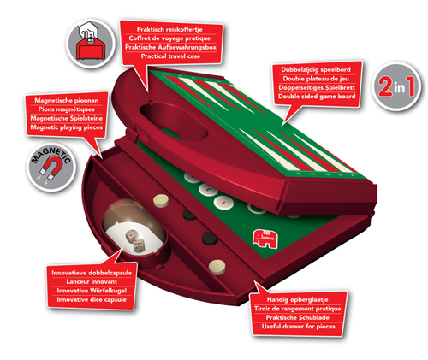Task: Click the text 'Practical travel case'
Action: pos(170,56)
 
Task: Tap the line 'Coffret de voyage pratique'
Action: pos(169,38)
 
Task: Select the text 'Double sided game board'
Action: pos(317,97)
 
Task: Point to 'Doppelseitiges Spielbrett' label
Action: pos(317,87)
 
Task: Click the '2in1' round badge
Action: pos(396,86)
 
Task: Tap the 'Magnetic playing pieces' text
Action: pos(67,127)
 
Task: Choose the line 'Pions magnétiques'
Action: pos(67,109)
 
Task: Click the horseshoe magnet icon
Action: pos(51,169)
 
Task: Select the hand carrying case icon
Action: pos(91,44)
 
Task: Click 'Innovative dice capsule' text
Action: pos(92,299)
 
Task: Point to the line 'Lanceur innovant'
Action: pos(92,281)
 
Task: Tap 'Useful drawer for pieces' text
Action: pos(299,327)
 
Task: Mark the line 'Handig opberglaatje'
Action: pos(298,299)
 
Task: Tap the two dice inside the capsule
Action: pos(135,241)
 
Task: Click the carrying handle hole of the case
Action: pos(174,121)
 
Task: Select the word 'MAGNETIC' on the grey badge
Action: pos(51,156)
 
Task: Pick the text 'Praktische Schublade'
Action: pos(298,317)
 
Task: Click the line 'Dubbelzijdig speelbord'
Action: pos(316,69)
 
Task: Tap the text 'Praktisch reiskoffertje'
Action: pos(169,29)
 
